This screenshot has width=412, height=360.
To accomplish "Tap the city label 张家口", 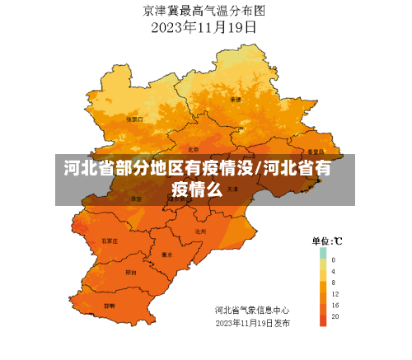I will tap(133, 119).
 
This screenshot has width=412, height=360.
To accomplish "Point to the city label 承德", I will tap(236, 100).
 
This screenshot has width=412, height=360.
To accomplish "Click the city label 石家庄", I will tap(110, 241).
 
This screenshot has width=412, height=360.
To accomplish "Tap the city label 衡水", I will tap(167, 255).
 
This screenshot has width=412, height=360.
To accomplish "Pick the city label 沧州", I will tap(200, 232).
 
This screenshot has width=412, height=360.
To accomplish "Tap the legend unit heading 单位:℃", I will tap(327, 241).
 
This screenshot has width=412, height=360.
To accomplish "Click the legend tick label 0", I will tap(334, 259).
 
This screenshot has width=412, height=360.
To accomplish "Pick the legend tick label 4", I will tap(334, 271).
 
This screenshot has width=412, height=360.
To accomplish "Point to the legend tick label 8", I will tap(334, 283).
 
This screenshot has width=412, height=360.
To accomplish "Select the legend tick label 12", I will tap(335, 294).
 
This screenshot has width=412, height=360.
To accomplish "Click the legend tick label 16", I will tap(335, 306).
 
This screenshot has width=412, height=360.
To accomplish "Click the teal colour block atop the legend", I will tap(323, 253).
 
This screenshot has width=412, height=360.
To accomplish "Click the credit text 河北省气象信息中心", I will tap(252, 311).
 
